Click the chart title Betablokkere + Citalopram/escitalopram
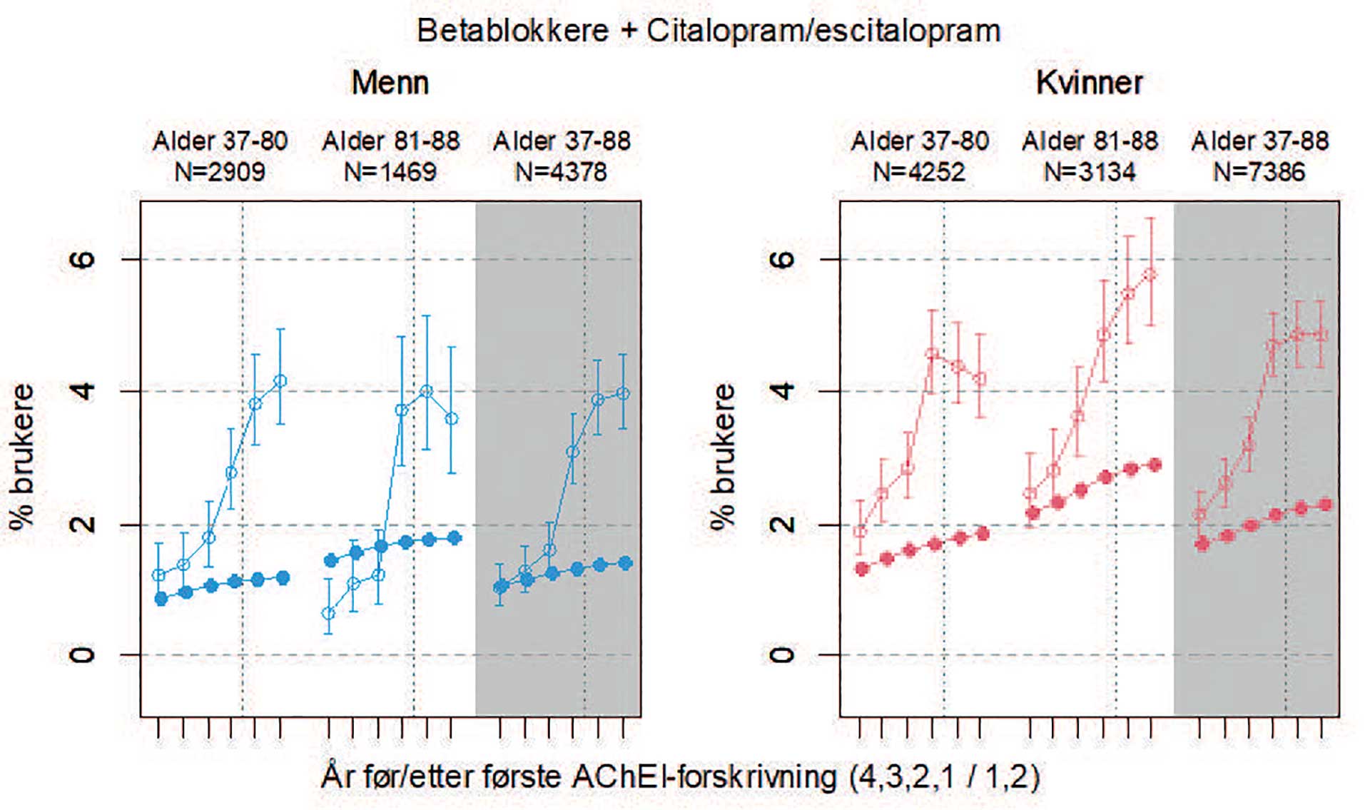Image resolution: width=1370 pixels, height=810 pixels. tap(708, 31)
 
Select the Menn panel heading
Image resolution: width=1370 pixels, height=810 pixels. tap(390, 83)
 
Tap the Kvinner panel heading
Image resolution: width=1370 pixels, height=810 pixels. tap(1089, 83)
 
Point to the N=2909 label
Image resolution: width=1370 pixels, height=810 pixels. tap(220, 172)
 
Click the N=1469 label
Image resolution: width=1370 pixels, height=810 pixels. tap(390, 172)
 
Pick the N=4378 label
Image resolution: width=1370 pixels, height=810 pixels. tap(561, 172)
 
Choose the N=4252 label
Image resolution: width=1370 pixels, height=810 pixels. tap(919, 172)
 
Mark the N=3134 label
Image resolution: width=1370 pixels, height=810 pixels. tap(1090, 172)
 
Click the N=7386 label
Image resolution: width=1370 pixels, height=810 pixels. tap(1259, 172)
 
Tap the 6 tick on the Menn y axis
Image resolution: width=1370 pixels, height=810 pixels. tap(83, 258)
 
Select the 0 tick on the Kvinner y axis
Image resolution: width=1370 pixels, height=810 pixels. tap(783, 654)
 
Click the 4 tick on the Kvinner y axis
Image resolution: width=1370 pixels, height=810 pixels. tap(783, 391)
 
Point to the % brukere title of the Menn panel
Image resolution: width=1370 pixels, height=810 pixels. tap(22, 457)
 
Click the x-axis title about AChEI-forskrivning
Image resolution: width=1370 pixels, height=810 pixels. tap(680, 776)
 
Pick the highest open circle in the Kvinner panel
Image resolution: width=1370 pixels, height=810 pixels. tap(1150, 275)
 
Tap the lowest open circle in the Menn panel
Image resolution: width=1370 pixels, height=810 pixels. tap(328, 613)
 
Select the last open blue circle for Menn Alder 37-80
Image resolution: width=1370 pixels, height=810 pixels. tap(280, 381)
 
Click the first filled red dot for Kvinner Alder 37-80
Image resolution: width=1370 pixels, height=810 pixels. tap(862, 569)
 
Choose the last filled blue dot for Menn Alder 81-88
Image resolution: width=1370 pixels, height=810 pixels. tap(454, 538)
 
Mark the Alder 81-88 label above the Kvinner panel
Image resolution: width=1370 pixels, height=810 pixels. tap(1090, 141)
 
